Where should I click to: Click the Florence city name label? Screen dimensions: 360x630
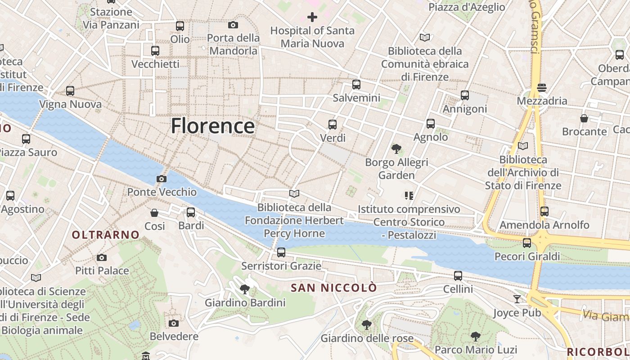coord(212,126)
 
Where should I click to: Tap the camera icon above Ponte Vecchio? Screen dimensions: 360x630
coord(162,179)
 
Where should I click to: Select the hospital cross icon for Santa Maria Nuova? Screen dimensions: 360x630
coord(312,17)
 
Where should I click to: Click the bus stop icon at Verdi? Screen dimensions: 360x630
coord(333,125)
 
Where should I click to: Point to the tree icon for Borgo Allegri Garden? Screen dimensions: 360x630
coord(396,149)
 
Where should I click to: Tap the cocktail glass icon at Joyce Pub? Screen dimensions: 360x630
coord(517,299)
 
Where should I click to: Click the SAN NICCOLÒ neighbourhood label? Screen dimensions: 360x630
coord(333,288)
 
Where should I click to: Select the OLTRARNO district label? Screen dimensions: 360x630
coord(106,234)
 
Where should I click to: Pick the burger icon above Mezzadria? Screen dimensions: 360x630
coord(542,87)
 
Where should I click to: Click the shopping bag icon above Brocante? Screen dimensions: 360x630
coord(584,118)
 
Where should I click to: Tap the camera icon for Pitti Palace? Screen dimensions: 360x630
coord(102,258)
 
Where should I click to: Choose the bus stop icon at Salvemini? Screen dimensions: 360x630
coord(356,85)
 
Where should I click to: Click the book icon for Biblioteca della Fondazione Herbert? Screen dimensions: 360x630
coord(294,194)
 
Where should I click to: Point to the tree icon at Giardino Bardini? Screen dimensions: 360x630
coord(245,289)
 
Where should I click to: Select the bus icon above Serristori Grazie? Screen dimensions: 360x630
coord(281,252)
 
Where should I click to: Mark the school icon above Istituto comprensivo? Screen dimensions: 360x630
coord(409,196)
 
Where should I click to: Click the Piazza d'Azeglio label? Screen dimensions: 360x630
coord(467,7)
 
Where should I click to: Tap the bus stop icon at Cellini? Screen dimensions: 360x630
coord(458,276)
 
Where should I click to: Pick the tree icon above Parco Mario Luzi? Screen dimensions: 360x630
coord(475,336)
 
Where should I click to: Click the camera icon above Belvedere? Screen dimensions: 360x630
coord(174,323)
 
